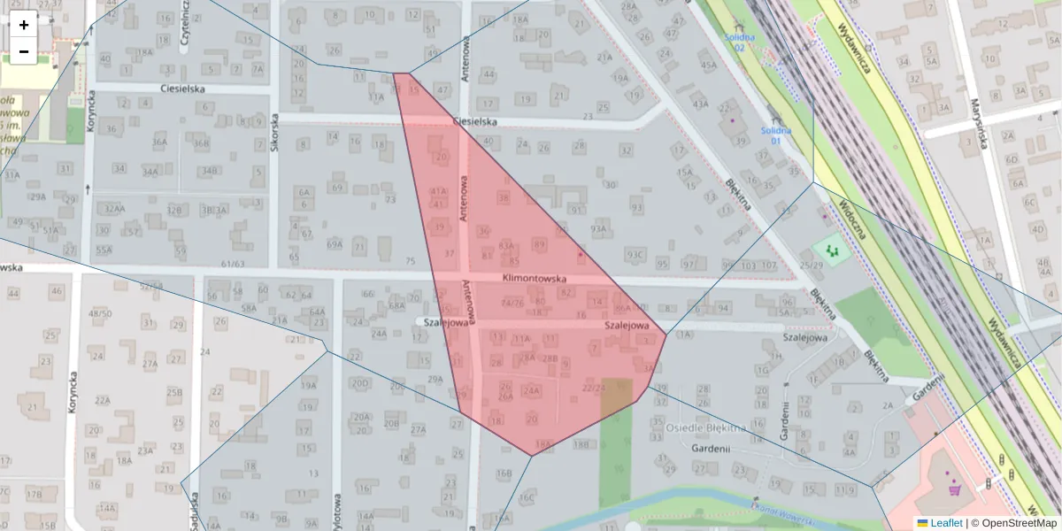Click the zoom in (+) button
(x=24, y=25)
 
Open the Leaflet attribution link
(x=945, y=523)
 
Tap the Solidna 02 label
(x=740, y=42)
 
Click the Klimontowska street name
(x=534, y=278)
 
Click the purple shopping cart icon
(x=954, y=489)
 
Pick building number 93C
(x=635, y=255)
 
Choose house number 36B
(x=202, y=142)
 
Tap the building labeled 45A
(x=708, y=65)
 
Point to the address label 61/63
(x=233, y=263)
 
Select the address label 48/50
(x=100, y=313)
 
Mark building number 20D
(x=359, y=382)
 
